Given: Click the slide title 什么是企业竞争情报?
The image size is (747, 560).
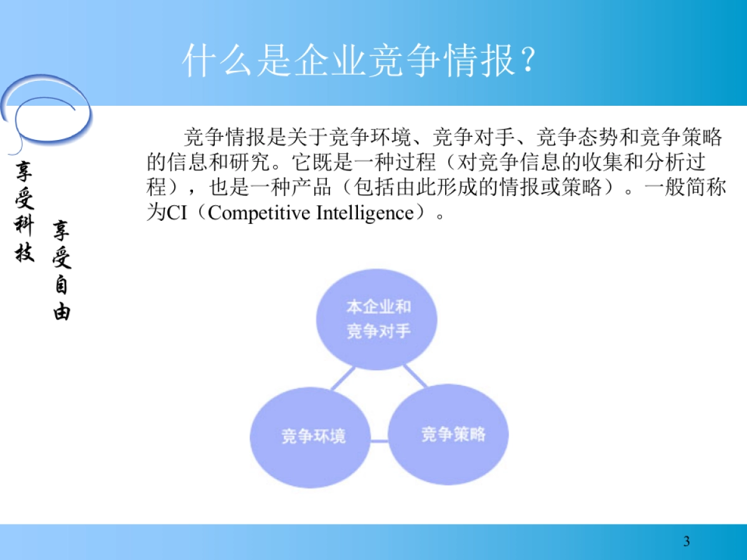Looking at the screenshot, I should tap(359, 60).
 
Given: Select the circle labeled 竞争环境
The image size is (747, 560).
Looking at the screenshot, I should tap(313, 436).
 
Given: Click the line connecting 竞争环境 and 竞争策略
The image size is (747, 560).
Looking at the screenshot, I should tap(379, 441).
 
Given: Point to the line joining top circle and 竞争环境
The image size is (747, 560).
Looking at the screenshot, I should tap(343, 378).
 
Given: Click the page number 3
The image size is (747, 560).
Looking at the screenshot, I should tap(687, 541).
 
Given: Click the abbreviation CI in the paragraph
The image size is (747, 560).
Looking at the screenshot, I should tap(177, 213).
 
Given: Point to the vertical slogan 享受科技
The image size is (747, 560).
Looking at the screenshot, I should tap(25, 211).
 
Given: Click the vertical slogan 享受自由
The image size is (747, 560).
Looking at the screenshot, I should tap(62, 271).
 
